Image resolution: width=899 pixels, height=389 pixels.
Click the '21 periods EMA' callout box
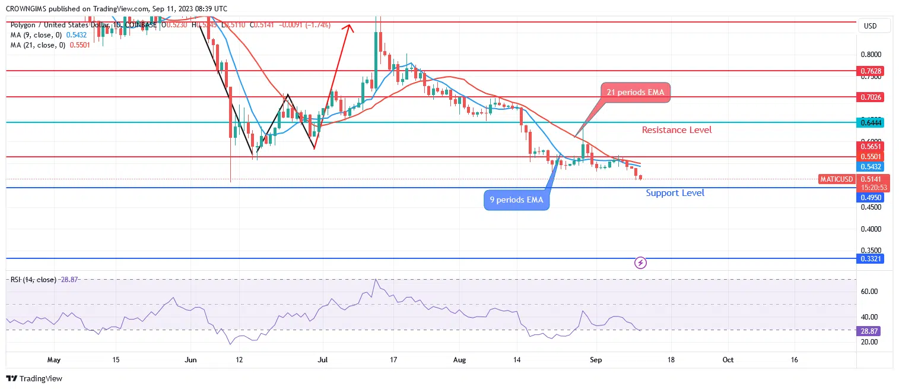point(635,92)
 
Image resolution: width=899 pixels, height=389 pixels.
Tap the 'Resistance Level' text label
point(676,129)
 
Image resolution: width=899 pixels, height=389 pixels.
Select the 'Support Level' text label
point(675,192)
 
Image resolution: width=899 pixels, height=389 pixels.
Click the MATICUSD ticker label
point(836,179)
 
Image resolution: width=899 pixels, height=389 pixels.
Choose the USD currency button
point(871,26)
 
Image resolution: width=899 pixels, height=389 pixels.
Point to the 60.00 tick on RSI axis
point(869,292)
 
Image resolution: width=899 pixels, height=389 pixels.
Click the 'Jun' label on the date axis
point(190,359)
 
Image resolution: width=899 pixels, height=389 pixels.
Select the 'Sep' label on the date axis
point(596,359)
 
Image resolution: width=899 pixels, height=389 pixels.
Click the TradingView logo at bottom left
point(34,378)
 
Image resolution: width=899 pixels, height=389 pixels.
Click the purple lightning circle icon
point(640,262)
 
